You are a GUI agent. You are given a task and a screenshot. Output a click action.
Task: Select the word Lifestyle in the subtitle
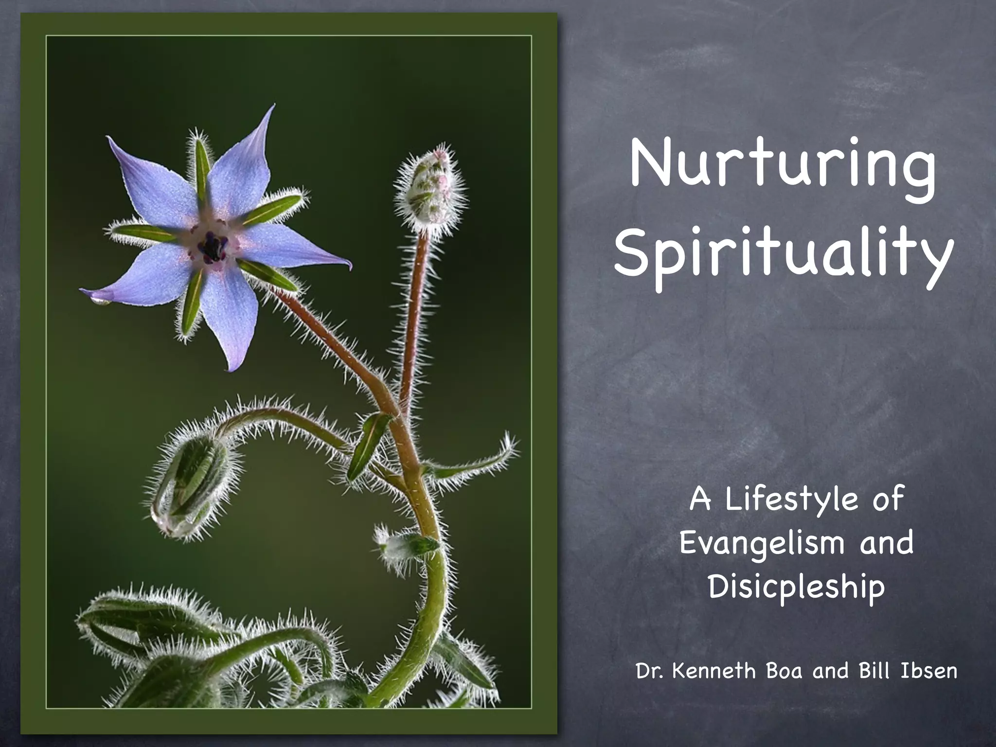coord(792,500)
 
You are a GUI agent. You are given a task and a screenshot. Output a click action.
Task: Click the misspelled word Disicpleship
coord(796,587)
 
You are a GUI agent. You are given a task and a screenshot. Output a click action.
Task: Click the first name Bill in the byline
coord(873,672)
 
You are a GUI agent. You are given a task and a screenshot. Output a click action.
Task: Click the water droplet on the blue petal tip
coord(101,301)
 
